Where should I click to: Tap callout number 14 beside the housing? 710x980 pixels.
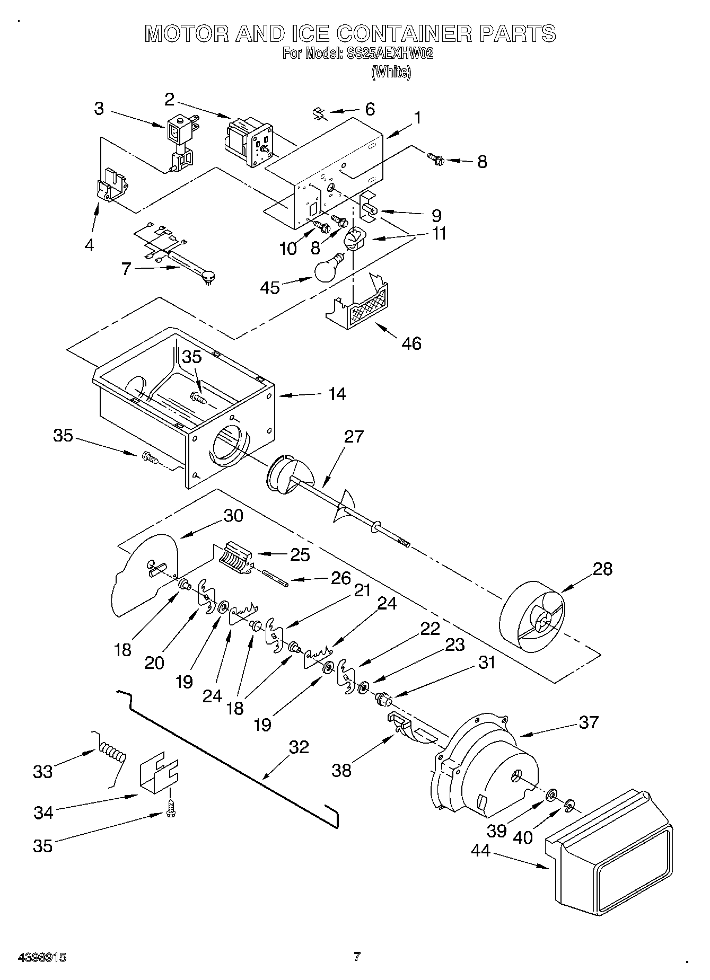coord(337,394)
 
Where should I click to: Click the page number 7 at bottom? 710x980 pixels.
coord(357,957)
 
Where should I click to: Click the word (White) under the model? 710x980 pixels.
coord(391,72)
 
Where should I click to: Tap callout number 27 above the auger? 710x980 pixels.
coord(354,436)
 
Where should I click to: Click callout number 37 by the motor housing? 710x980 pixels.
coord(589,721)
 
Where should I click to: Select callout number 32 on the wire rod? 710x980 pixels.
coord(299,747)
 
